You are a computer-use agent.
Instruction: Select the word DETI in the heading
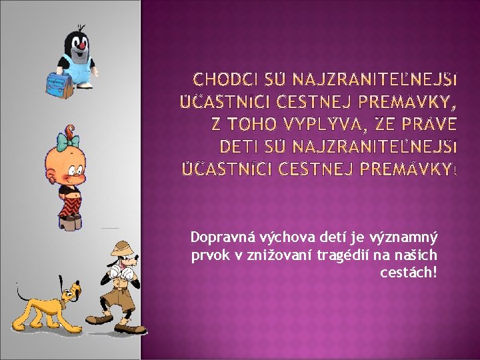click(x=239, y=145)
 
